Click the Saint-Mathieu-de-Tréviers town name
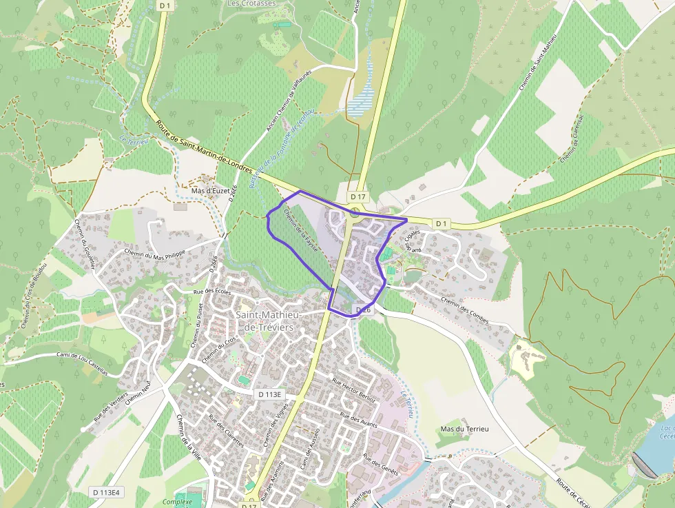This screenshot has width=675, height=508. click(265, 321)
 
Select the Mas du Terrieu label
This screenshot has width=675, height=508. click(464, 429)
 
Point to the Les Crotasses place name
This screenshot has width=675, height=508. click(251, 3)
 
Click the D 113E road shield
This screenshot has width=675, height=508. click(270, 394)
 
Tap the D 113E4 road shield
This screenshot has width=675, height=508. click(107, 492)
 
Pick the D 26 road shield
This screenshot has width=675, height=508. click(363, 310)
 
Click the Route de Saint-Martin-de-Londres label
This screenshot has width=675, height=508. click(204, 148)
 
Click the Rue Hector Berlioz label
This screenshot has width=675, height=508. click(353, 389)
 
